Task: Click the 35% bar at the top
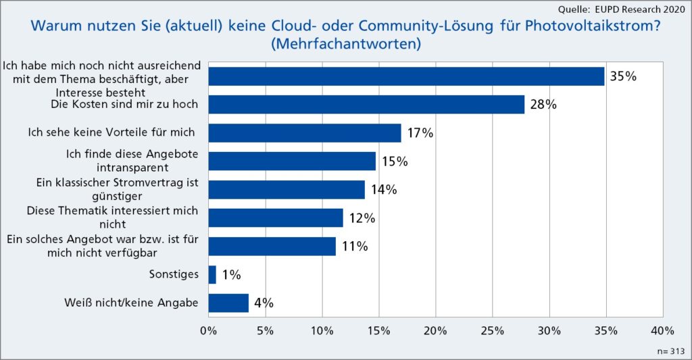[x=406, y=76]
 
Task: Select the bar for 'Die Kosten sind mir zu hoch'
[x=366, y=105]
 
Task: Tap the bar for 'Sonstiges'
[x=212, y=274]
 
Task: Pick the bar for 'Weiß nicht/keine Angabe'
[x=228, y=303]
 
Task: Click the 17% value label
[x=419, y=133]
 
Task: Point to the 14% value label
[x=383, y=190]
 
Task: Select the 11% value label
[x=354, y=247]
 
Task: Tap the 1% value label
[x=230, y=275]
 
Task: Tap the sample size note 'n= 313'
[x=670, y=352]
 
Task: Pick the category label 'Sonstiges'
[x=174, y=274]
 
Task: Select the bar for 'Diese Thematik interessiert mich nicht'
[x=276, y=218]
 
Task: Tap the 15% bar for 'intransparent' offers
[x=292, y=161]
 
